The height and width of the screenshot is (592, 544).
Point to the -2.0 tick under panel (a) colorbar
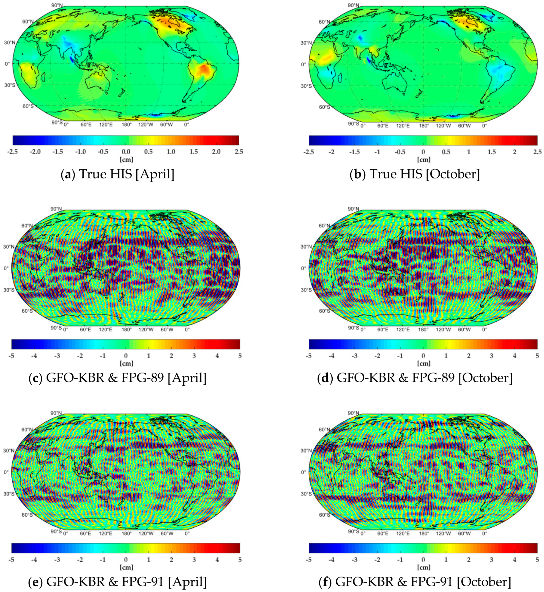pyautogui.click(x=35, y=152)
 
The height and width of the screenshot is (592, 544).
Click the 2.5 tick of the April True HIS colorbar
pyautogui.click(x=239, y=152)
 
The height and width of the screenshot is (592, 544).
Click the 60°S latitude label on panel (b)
pyautogui.click(x=324, y=107)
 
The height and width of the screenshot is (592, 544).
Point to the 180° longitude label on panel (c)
pyautogui.click(x=127, y=329)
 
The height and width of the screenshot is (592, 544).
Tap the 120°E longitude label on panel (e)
pyautogui.click(x=106, y=533)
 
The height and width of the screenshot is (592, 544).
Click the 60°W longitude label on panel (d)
pyautogui.click(x=464, y=329)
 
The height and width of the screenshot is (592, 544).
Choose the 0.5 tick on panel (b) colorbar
pyautogui.click(x=446, y=152)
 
